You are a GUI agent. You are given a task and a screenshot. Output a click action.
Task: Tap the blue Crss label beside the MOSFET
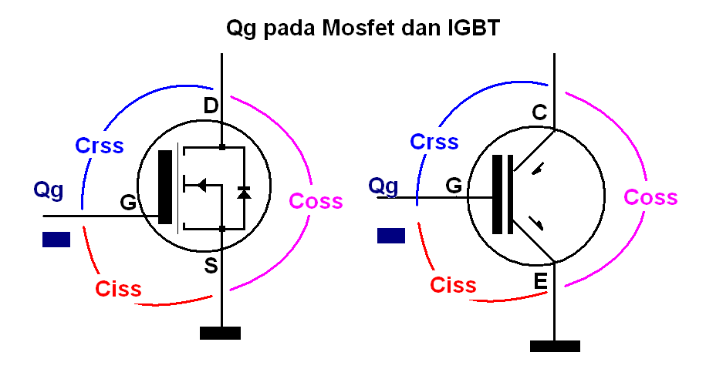pos(100,146)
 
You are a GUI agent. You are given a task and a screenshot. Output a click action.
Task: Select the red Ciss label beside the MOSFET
pos(118,288)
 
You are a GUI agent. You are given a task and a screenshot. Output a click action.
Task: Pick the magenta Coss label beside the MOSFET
pos(316,200)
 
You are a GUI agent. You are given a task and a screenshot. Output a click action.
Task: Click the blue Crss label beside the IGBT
pos(434,142)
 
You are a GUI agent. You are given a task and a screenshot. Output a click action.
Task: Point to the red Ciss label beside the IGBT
pos(453,285)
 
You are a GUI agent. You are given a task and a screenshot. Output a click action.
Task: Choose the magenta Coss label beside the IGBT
pos(650,197)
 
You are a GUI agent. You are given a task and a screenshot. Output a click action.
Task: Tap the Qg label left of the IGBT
pos(383,186)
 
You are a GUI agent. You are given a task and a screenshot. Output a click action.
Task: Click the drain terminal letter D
pos(211,106)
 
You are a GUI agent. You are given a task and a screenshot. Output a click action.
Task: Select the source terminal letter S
pos(211,265)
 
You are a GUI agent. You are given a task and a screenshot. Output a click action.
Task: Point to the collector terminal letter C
pos(539,112)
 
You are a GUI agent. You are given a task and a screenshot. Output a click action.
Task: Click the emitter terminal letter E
pos(540,281)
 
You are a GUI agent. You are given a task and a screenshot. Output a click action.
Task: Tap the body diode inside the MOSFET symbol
pos(244,193)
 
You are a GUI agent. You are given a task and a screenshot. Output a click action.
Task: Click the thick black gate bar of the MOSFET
pos(165,187)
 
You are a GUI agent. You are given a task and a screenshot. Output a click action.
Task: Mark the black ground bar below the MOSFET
pos(220,334)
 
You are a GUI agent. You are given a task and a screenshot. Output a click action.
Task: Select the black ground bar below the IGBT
pos(556,347)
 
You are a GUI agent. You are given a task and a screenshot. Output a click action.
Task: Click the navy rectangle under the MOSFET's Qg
pos(56,240)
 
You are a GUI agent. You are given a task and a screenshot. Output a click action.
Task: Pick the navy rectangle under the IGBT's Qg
pos(391,236)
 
